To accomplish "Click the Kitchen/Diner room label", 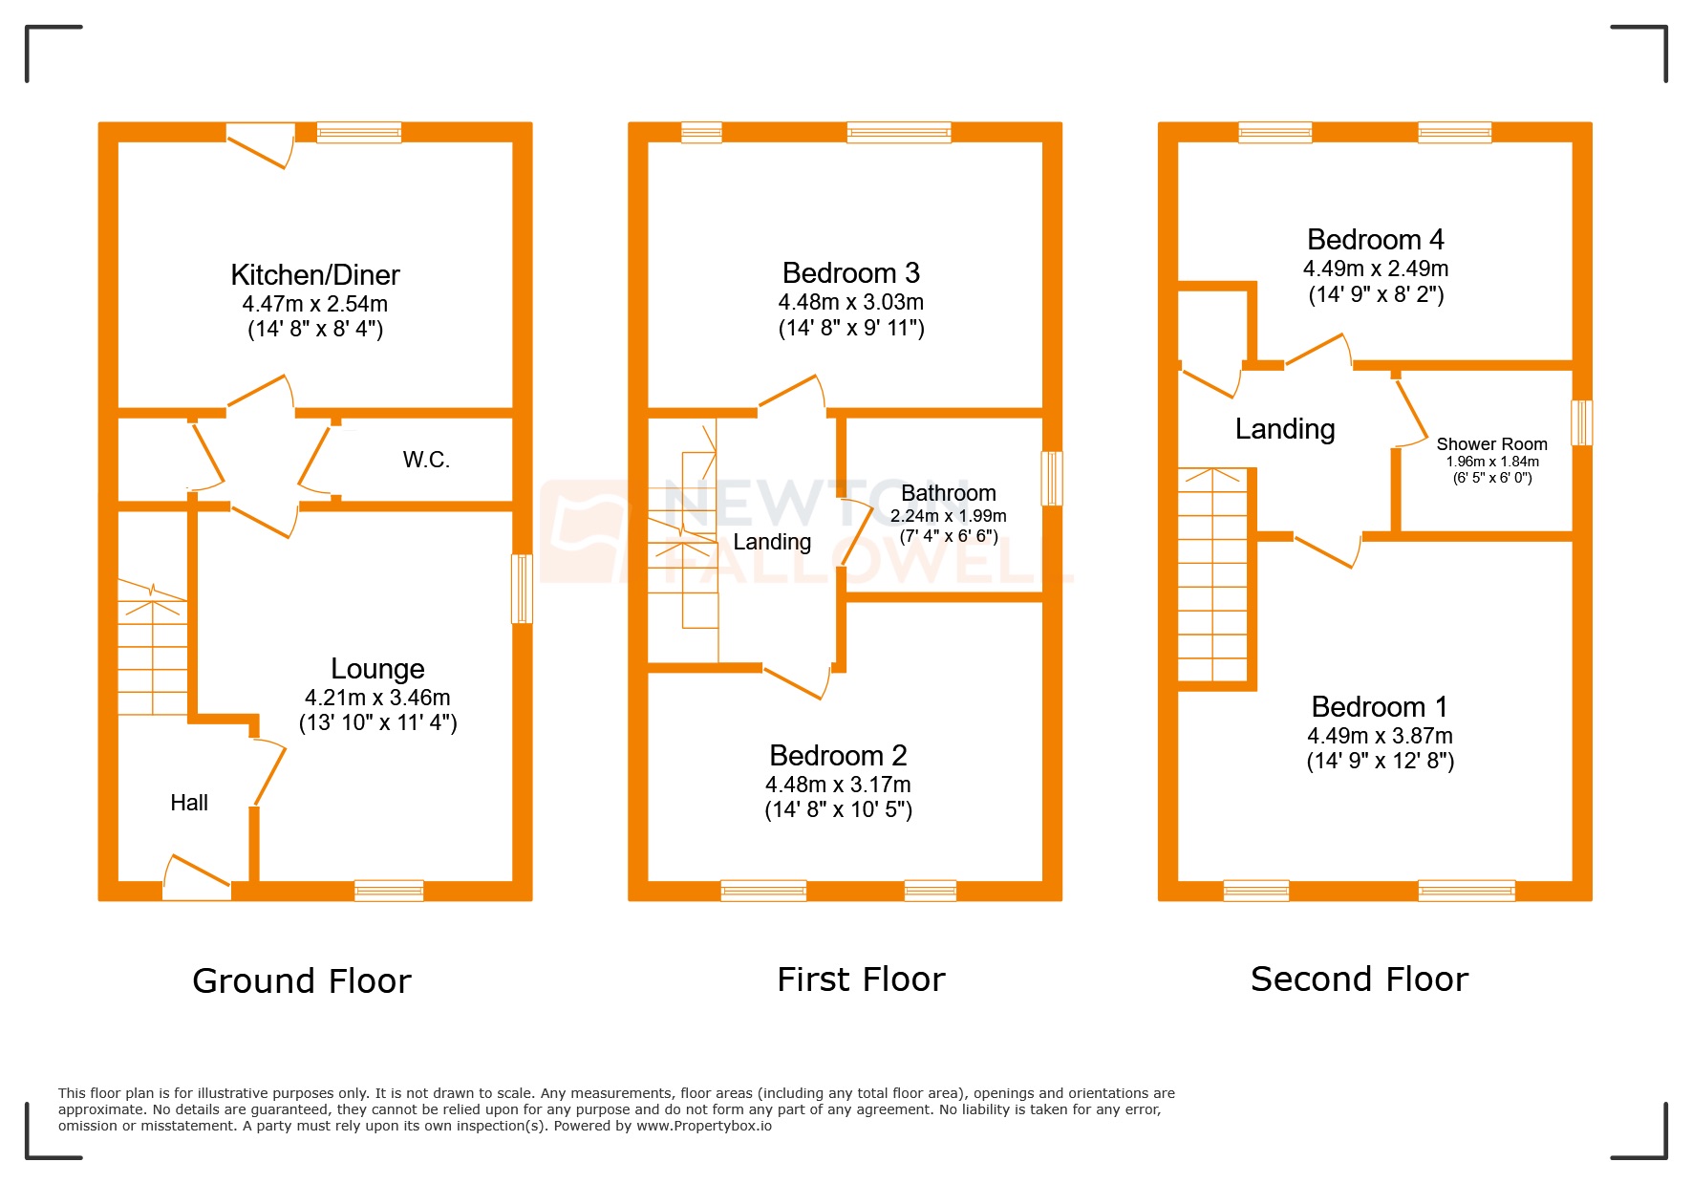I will [314, 275].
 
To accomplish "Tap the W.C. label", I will [426, 460].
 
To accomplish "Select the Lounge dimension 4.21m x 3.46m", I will [377, 698].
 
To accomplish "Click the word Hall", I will [189, 803].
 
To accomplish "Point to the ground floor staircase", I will [152, 650].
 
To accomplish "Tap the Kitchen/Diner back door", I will [261, 143].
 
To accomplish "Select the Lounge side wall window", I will [522, 589].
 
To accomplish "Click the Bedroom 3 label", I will [850, 273].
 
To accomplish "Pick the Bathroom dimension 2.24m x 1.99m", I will [948, 516].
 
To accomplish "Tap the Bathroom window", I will [1051, 478].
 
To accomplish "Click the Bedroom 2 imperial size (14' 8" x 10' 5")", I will [838, 810].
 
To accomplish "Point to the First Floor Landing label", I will [772, 542].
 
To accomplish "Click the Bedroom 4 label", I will [1375, 240].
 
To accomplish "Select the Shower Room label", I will [1491, 444].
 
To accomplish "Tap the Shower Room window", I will [1581, 422].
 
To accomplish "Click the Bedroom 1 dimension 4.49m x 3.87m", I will [1380, 736].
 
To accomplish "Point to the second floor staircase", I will [1212, 573].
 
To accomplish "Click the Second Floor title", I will [1359, 979].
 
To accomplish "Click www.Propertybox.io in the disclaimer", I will [703, 1126].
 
